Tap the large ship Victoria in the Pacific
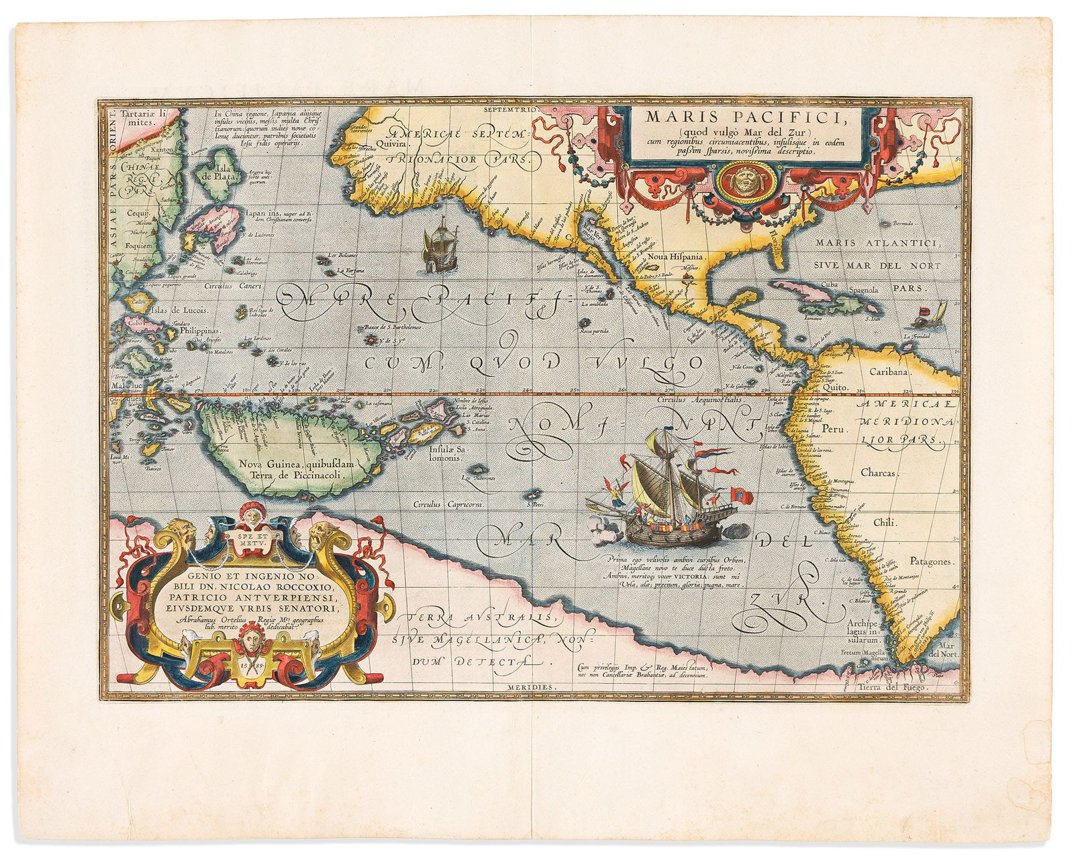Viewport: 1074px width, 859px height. tap(671, 490)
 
